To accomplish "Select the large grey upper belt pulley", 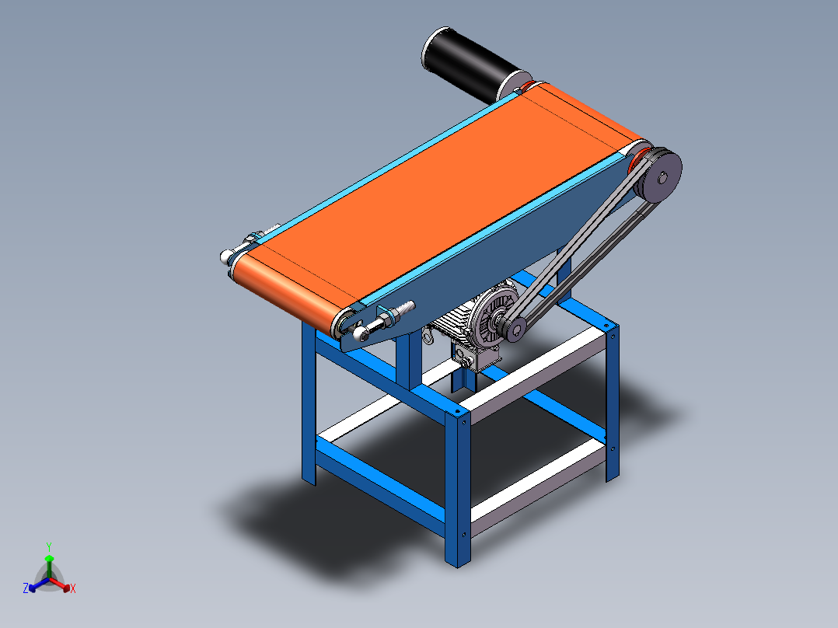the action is [x=659, y=176].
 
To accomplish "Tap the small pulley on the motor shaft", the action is [x=514, y=328].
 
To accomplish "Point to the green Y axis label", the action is [x=49, y=547].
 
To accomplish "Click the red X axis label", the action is [x=73, y=589].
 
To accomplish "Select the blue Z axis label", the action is [x=26, y=588].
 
